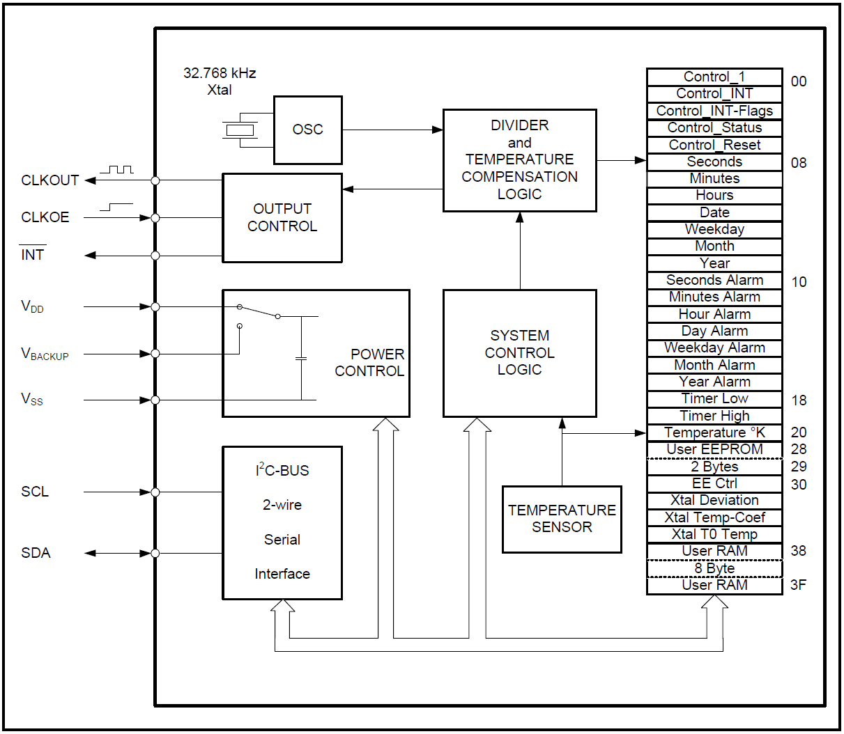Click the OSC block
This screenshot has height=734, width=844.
(x=307, y=130)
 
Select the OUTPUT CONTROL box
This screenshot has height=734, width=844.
(x=282, y=217)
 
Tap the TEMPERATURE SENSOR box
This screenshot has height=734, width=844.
(x=562, y=519)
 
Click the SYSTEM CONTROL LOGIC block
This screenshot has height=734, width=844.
(x=519, y=352)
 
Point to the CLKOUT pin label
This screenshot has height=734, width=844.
(x=49, y=180)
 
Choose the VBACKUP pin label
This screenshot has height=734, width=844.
(x=45, y=354)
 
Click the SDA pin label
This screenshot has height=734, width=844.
(x=36, y=553)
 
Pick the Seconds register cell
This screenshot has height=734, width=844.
(x=714, y=162)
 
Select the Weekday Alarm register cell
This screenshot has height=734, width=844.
(x=714, y=348)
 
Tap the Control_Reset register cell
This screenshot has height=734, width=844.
(x=714, y=145)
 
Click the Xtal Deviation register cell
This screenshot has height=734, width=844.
(x=714, y=500)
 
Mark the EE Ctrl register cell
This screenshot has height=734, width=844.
(x=714, y=483)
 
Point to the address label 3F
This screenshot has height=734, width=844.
(x=799, y=585)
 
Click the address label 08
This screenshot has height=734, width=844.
(x=799, y=163)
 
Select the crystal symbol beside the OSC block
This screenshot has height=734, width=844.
(x=240, y=130)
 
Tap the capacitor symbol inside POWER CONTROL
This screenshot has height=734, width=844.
(x=301, y=358)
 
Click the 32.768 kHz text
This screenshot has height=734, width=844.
(x=220, y=73)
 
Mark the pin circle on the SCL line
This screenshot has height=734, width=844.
(x=155, y=492)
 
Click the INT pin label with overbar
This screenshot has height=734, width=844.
(x=33, y=255)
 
